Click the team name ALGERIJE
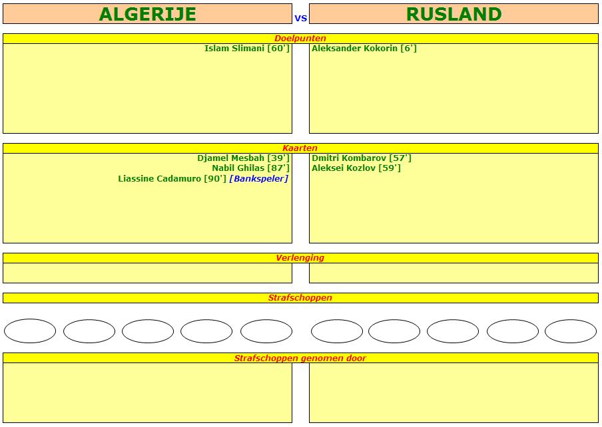click(147, 14)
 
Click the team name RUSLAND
click(453, 14)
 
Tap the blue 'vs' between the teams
click(300, 18)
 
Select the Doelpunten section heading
click(300, 39)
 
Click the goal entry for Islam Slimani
click(247, 49)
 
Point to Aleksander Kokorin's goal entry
click(364, 49)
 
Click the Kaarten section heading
click(300, 148)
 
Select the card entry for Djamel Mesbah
click(244, 158)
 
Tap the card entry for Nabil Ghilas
click(250, 168)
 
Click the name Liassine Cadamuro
click(159, 179)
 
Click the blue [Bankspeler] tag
click(259, 179)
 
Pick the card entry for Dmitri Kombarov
click(362, 158)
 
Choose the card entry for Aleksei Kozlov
click(356, 168)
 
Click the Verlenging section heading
click(300, 257)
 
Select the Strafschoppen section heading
click(300, 298)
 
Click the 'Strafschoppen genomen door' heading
click(300, 358)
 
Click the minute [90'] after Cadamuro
click(215, 179)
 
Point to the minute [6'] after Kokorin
click(408, 49)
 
